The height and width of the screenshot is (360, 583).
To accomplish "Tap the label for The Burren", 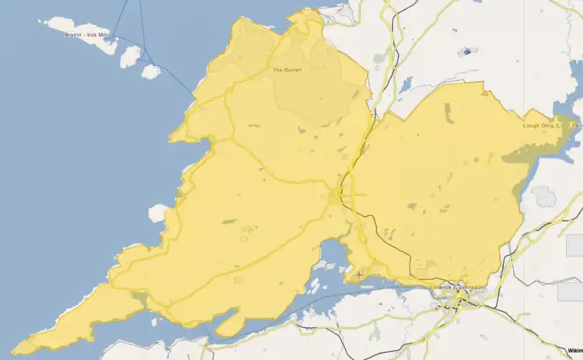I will pos(287,70).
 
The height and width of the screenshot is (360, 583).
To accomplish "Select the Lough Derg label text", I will pos(551,124).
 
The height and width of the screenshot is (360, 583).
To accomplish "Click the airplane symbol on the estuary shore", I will pos(358,275).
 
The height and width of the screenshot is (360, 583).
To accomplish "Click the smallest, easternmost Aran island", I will pos(150,72).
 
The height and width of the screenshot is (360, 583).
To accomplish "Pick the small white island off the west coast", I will pos(159,212).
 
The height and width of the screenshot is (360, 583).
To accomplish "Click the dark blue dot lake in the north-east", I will pos(466,52).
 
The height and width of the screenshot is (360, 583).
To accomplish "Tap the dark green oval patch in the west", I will pos(229,222).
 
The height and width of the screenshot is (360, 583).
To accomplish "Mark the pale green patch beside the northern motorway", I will pos(379,58).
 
